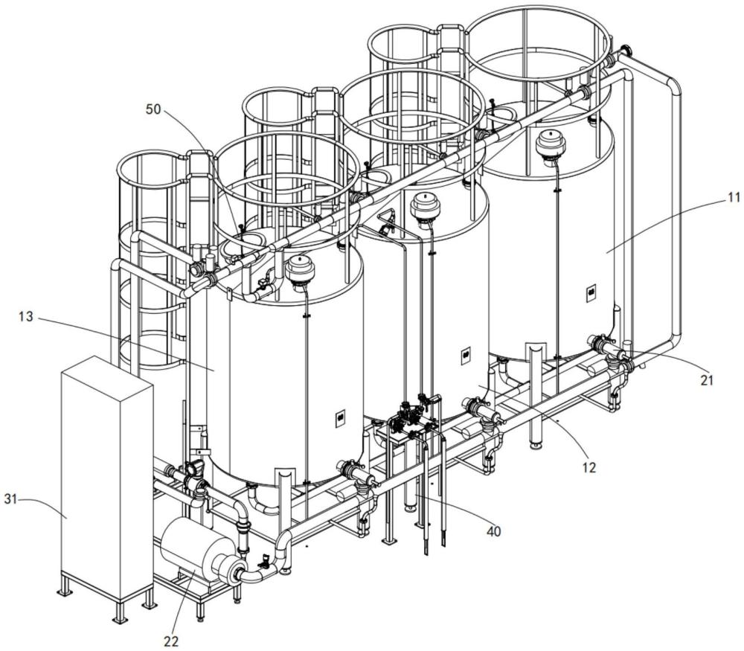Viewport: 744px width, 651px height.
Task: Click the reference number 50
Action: (153, 109)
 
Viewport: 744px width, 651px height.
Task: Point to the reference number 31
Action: (11, 498)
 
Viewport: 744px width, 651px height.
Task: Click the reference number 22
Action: (171, 641)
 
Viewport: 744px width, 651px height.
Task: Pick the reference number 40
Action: (494, 531)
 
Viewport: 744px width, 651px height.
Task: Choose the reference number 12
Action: (589, 468)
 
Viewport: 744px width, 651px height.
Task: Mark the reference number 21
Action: (707, 379)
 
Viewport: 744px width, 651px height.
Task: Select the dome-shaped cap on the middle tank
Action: (425, 205)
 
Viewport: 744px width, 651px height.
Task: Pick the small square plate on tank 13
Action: (340, 418)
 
